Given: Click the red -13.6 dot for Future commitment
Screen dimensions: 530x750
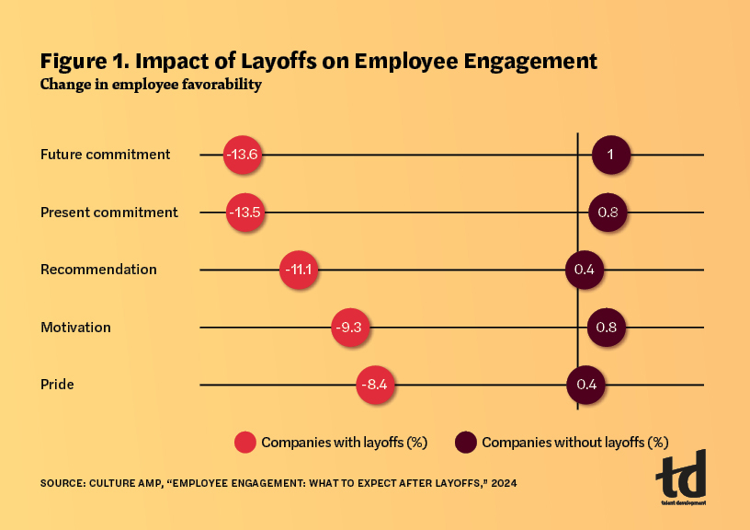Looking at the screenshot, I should [244, 155].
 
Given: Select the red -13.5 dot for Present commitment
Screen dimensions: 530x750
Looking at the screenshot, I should [245, 213].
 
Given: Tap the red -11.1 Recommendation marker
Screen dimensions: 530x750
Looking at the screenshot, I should [299, 270].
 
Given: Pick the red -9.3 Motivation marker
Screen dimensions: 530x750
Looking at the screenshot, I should [351, 327].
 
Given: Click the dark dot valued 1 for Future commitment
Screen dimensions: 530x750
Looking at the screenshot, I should [610, 155].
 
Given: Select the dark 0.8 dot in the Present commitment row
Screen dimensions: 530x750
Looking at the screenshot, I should [608, 213].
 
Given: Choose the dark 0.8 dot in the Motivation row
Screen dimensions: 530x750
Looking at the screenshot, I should [607, 327].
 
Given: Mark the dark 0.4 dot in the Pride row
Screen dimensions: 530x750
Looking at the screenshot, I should [585, 384].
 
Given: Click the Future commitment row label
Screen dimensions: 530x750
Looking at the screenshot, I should [106, 155].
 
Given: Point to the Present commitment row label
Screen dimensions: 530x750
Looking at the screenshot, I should [109, 213].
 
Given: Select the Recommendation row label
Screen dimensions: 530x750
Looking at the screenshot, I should [98, 270].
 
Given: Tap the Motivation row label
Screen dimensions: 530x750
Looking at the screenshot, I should [75, 327].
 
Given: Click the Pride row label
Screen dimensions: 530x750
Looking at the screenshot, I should [57, 384].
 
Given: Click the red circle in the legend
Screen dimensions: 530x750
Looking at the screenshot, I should [244, 442].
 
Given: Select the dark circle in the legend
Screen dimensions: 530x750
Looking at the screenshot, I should [466, 442].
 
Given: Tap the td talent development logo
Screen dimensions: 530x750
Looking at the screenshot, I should [681, 478].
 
